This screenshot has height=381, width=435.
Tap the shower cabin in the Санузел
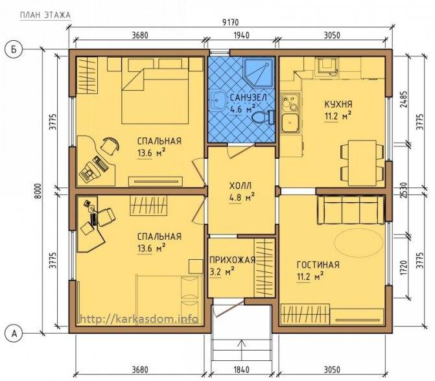point(258,73)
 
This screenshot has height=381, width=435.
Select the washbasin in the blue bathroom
point(218,101)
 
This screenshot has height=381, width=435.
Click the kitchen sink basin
point(290,123)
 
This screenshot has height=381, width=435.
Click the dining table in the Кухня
point(362,163)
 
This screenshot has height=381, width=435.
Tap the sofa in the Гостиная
point(351,210)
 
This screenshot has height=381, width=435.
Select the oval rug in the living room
point(357,243)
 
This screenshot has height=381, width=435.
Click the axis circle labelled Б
point(13,50)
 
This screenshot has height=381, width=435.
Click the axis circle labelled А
point(13,334)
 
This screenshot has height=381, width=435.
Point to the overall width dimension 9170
point(231,22)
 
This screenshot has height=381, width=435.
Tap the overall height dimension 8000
point(38,190)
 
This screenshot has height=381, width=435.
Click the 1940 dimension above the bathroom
point(241,36)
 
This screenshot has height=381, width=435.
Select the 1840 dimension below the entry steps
point(241,369)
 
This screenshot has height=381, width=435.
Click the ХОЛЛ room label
point(241,185)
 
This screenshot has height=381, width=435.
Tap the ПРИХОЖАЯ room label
point(232,260)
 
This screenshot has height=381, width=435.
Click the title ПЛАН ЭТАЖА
point(45,15)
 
